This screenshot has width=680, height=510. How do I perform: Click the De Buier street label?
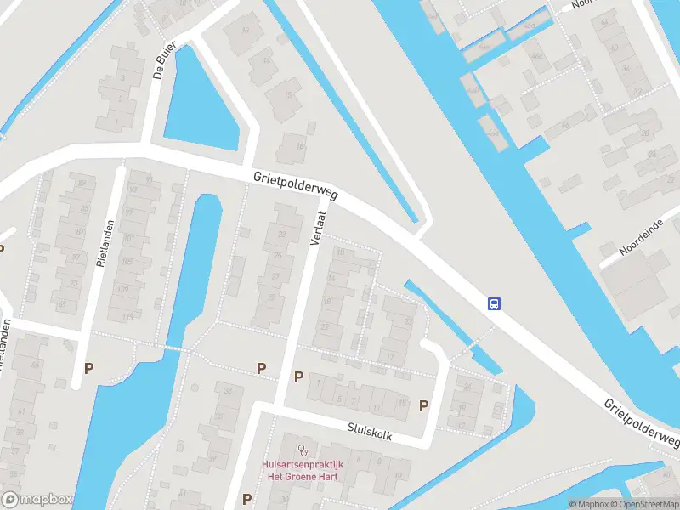click(x=165, y=59)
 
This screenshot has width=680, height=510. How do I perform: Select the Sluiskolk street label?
click(x=370, y=433)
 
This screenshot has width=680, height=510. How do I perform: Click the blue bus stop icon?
click(x=494, y=303)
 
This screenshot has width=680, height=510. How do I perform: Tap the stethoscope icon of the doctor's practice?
click(x=301, y=448)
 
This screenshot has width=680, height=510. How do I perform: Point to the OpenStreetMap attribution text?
click(x=643, y=504)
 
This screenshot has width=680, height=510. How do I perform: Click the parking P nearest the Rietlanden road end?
click(x=88, y=369)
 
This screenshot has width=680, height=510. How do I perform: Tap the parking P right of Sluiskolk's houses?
click(x=423, y=406)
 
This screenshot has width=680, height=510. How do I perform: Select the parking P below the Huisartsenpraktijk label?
click(x=247, y=499)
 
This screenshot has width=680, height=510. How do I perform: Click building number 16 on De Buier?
click(x=298, y=146)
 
